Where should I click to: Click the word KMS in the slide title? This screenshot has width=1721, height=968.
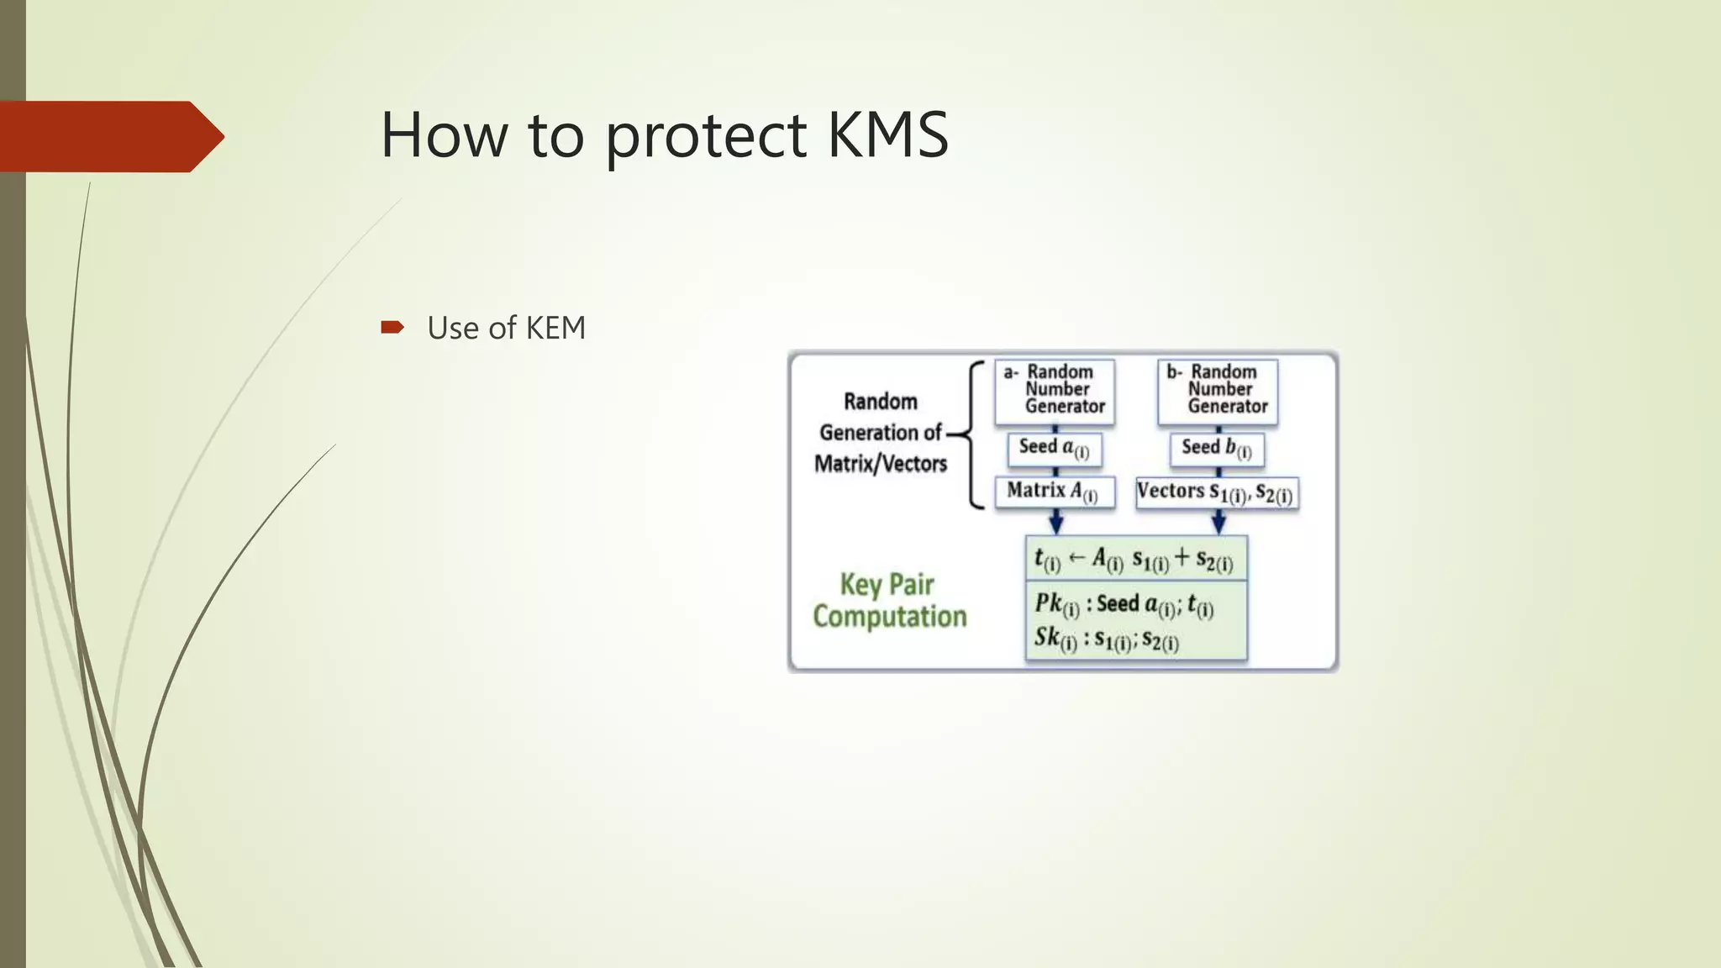(x=887, y=134)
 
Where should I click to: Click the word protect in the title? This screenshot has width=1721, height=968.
(x=706, y=136)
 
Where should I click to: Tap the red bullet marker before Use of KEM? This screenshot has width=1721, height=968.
(x=392, y=327)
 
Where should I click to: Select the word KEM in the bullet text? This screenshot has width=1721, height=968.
(x=555, y=328)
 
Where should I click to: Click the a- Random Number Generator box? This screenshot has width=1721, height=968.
(x=1055, y=390)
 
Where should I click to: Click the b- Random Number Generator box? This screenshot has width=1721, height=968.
(x=1218, y=390)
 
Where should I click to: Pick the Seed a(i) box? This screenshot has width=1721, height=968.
(x=1054, y=449)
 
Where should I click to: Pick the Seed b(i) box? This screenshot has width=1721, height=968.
(x=1217, y=449)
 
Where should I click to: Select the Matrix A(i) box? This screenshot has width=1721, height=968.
(x=1054, y=492)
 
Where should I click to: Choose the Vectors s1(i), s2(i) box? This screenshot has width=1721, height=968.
(x=1216, y=492)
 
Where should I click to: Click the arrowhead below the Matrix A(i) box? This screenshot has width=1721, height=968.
(x=1056, y=524)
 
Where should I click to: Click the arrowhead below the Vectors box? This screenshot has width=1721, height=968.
(x=1218, y=524)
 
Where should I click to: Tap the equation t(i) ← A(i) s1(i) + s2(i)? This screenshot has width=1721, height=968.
(x=1134, y=560)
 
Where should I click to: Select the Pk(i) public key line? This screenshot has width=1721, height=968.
(x=1124, y=604)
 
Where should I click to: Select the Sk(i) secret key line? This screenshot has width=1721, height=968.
(x=1106, y=639)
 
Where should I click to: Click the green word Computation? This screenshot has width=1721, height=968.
(x=890, y=617)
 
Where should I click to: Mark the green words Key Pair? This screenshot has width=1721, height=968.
(x=887, y=584)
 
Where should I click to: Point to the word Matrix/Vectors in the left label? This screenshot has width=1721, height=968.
(x=880, y=464)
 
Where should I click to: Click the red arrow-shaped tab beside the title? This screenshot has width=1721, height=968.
(x=109, y=136)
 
